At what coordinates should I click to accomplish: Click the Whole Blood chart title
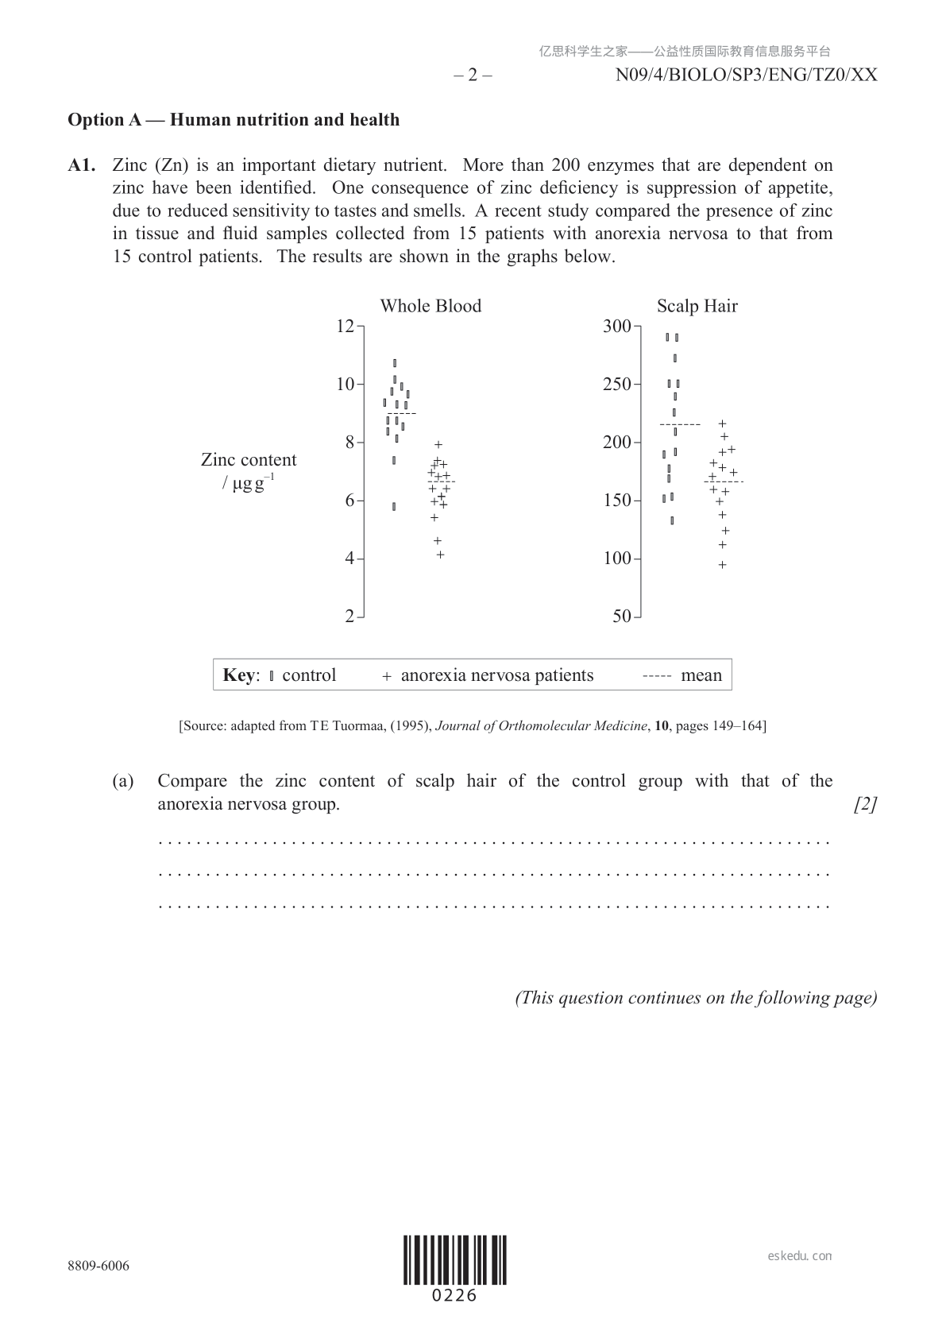point(431,306)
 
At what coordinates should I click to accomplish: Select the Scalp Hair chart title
point(697,306)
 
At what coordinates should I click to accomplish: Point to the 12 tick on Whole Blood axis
point(346,326)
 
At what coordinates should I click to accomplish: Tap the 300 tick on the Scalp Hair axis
point(617,326)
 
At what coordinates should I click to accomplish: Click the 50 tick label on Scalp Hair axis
point(622,617)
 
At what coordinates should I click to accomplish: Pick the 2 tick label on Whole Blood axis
point(349,617)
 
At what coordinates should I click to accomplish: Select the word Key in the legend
point(239,675)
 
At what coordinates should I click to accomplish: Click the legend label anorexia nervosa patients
point(496,675)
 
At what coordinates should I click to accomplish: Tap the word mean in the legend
point(701,675)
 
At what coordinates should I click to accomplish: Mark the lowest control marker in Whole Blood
point(394,506)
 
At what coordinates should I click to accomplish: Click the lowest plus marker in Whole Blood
point(440,555)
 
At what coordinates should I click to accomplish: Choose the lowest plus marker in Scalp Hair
point(723,565)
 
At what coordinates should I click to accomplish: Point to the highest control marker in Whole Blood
point(395,363)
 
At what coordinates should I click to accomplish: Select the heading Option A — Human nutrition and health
point(234,120)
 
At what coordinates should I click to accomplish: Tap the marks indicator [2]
point(865,804)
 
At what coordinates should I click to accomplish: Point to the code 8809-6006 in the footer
point(98,1266)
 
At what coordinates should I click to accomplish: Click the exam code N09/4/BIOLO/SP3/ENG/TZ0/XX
point(746,75)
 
